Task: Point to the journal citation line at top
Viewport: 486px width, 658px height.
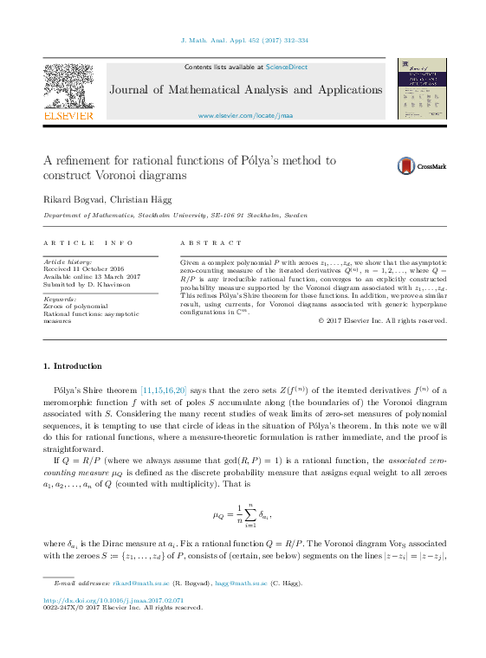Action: pos(243,40)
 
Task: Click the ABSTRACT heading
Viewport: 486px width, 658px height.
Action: pos(211,243)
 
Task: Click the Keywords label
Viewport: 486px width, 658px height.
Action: pos(60,299)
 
